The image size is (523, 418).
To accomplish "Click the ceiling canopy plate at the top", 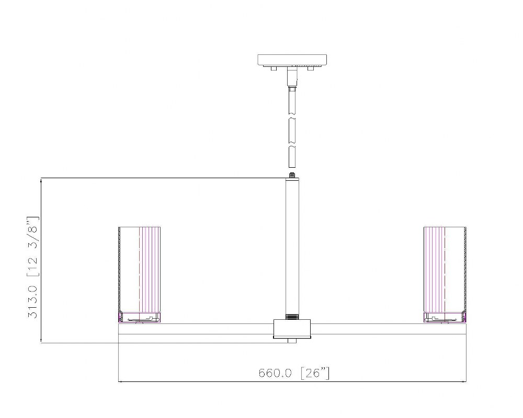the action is point(292,60).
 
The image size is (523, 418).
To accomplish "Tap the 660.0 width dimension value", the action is point(275,373).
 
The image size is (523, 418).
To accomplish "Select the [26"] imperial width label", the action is point(315,373).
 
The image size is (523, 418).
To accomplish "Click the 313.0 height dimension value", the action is point(32,301).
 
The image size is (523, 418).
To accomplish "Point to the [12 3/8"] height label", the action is point(32,246).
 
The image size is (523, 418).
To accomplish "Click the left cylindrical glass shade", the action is point(140,270).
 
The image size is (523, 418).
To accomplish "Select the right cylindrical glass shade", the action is point(445,270).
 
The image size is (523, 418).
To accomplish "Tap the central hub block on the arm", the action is point(292,329).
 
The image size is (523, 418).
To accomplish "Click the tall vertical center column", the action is point(292,246).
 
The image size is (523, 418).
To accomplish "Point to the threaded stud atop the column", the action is point(292,175).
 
